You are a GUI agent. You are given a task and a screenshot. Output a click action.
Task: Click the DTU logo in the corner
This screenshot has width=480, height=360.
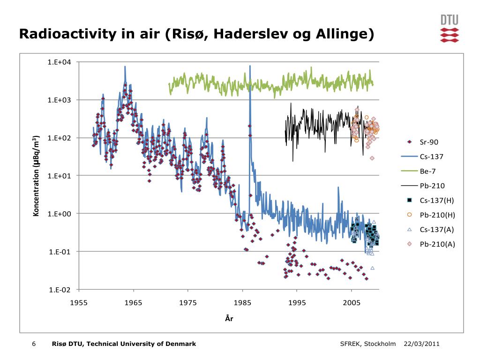449,29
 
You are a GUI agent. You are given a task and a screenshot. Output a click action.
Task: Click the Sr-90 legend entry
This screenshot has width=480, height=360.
429,142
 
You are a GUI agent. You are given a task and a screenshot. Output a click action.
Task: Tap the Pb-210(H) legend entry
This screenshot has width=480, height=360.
437,215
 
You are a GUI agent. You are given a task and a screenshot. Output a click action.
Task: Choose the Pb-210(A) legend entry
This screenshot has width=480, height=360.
437,244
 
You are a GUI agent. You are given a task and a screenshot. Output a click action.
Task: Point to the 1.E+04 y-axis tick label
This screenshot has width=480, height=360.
59,62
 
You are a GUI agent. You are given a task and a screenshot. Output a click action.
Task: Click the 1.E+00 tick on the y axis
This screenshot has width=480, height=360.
59,214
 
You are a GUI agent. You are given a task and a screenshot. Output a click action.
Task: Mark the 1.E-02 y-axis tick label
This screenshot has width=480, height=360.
59,290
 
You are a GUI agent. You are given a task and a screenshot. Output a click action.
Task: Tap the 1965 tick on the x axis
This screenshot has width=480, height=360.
134,302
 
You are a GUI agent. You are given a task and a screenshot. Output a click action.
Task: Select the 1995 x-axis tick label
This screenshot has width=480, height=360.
297,302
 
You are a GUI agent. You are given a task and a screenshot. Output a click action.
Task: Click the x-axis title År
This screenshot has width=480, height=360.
229,319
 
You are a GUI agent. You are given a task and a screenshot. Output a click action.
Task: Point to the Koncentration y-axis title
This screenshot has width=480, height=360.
36,176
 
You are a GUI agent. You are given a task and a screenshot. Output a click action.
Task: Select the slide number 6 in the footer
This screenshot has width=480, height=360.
34,344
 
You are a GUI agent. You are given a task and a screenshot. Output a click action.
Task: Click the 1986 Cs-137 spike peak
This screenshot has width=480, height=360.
250,66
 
